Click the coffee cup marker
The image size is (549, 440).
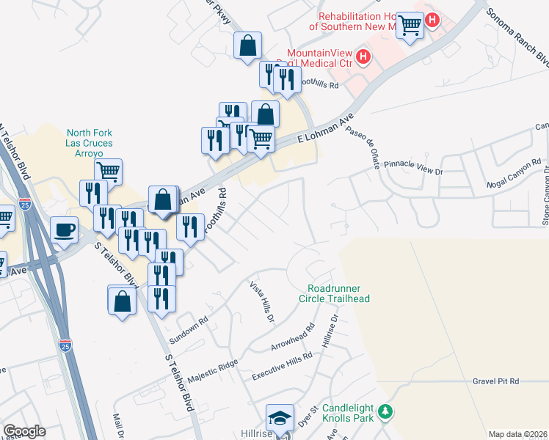pyautogui.click(x=64, y=229)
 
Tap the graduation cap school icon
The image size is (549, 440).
pyautogui.click(x=279, y=417)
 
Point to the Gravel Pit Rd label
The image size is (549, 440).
pyautogui.click(x=495, y=381)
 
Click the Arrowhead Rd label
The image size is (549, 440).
pyautogui.click(x=292, y=340)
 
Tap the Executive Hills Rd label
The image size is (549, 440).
pyautogui.click(x=283, y=365)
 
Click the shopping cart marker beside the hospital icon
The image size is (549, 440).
pyautogui.click(x=409, y=24)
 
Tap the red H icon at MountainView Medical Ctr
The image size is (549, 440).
pyautogui.click(x=362, y=56)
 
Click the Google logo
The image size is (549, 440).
pyautogui.click(x=24, y=431)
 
